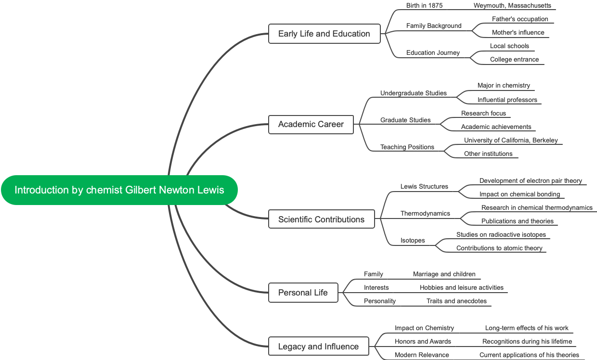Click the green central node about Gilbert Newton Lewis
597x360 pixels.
[x=119, y=190]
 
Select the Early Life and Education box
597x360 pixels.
[x=324, y=34]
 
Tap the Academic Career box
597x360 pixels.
[x=311, y=124]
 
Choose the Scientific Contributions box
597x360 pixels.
[x=321, y=219]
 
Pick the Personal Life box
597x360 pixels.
[x=303, y=293]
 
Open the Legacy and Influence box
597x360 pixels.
[x=318, y=347]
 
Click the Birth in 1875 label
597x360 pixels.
[x=424, y=6]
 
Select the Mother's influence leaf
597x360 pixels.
[x=518, y=33]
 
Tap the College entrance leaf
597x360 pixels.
[x=514, y=60]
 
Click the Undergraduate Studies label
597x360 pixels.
[x=413, y=93]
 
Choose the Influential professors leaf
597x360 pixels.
[x=507, y=100]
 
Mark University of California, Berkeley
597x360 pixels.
[x=511, y=141]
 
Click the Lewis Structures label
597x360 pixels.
[x=424, y=186]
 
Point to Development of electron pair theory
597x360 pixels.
[x=531, y=181]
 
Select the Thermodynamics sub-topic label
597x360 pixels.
[x=425, y=213]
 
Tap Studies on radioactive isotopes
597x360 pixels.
[x=501, y=235]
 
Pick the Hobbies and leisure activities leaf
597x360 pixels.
[x=461, y=288]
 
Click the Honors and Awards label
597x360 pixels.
[x=423, y=341]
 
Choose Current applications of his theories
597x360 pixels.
[x=529, y=355]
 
